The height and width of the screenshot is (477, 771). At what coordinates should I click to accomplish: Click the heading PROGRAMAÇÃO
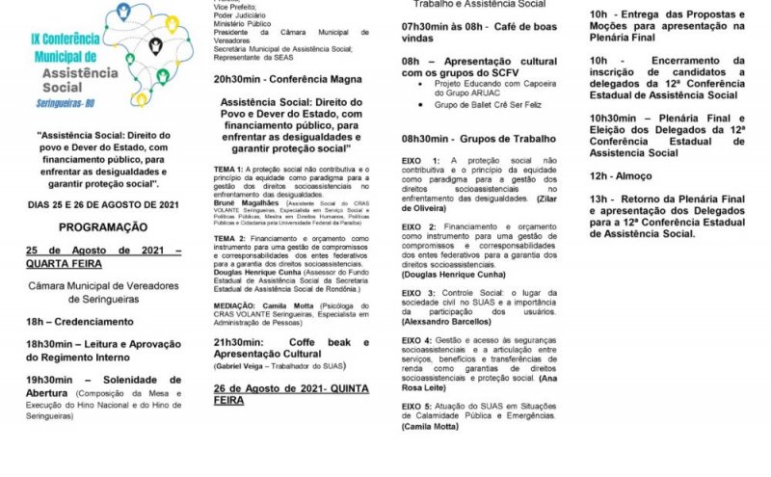[x=104, y=227]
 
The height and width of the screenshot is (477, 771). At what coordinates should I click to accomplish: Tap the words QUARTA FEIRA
[x=64, y=262]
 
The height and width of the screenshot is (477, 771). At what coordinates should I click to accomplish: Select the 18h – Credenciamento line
[x=80, y=322]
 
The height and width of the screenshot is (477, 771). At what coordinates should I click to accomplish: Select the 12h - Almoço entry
[x=620, y=176]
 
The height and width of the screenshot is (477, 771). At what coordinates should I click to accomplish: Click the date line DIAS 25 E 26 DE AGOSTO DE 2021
[x=103, y=204]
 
